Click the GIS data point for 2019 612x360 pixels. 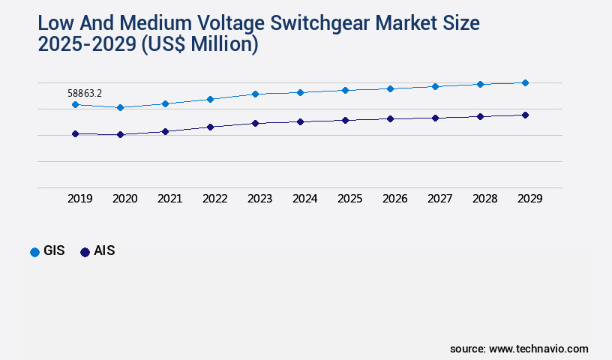click(x=75, y=104)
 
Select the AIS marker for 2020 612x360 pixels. click(x=120, y=135)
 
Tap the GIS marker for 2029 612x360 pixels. click(x=525, y=82)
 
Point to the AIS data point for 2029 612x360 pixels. click(x=525, y=115)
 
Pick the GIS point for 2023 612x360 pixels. click(x=255, y=94)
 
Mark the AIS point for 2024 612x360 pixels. click(x=300, y=121)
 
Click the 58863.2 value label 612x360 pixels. click(x=85, y=93)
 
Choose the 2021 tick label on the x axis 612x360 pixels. click(x=169, y=199)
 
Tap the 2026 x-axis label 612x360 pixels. click(x=394, y=199)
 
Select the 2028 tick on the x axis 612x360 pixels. click(x=484, y=199)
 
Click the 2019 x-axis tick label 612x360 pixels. click(x=79, y=199)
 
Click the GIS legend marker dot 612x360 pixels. click(x=34, y=252)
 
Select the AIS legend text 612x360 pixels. click(x=104, y=251)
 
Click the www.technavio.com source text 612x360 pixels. click(x=538, y=349)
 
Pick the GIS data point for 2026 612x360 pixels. click(x=390, y=88)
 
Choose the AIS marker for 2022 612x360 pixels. click(x=210, y=127)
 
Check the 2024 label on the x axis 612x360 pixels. click(x=304, y=199)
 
